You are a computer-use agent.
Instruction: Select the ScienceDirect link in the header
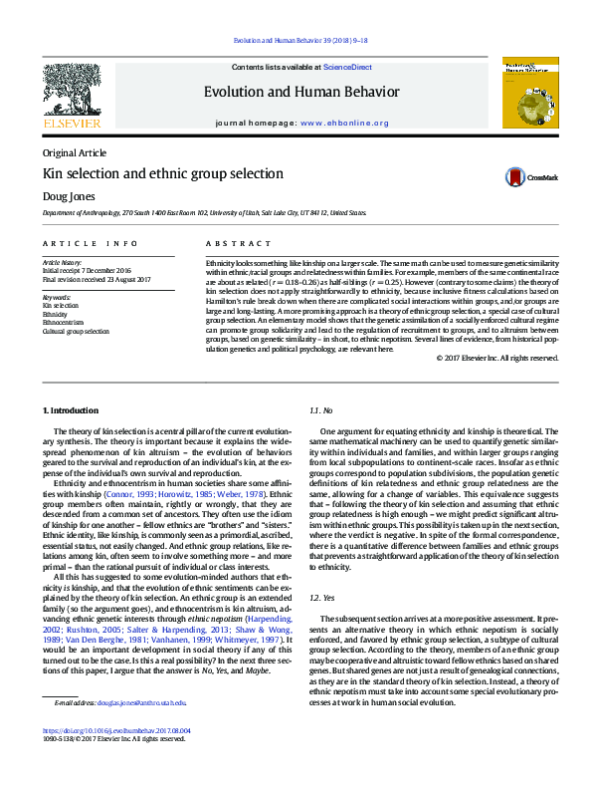[x=347, y=67]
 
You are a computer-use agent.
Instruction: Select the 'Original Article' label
[x=74, y=152]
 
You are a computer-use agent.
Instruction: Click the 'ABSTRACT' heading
[x=238, y=243]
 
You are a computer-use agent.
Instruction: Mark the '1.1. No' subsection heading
[x=320, y=410]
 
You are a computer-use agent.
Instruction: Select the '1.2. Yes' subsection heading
[x=322, y=569]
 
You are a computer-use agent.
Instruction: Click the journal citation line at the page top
[x=300, y=40]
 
